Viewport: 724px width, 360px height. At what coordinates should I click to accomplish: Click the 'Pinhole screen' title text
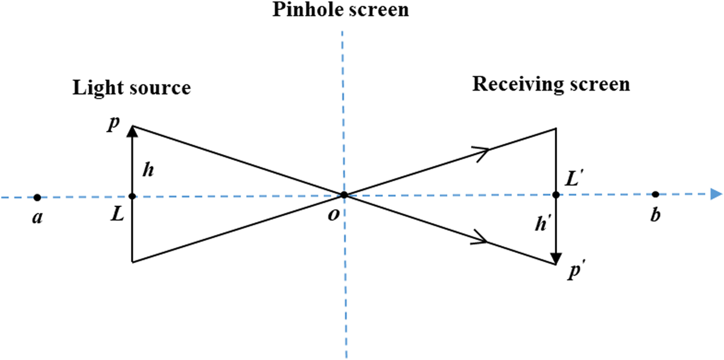[x=340, y=10]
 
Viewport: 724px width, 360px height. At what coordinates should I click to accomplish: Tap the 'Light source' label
[x=131, y=87]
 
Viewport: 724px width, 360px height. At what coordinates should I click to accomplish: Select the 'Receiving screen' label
[x=551, y=84]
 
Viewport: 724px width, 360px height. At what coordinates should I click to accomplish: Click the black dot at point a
[x=37, y=198]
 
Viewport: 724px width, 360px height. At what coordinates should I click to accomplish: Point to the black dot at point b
[x=656, y=194]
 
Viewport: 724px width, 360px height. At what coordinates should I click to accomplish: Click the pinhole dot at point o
[x=344, y=195]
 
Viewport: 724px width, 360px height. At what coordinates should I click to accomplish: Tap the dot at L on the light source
[x=133, y=196]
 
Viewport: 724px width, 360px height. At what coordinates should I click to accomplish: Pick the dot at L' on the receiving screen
[x=556, y=195]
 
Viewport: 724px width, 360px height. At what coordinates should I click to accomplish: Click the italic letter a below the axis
[x=36, y=217]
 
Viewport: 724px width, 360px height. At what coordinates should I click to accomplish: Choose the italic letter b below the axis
[x=655, y=216]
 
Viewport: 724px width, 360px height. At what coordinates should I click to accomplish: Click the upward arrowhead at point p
[x=133, y=131]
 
